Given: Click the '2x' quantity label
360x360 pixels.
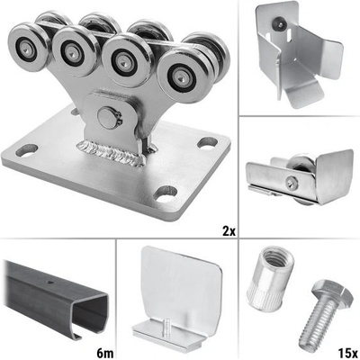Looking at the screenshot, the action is [229, 231].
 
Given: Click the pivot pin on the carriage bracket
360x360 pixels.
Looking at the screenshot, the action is [109, 118].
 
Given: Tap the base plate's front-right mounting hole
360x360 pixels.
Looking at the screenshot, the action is [166, 193].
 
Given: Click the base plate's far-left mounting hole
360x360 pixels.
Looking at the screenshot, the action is [27, 150].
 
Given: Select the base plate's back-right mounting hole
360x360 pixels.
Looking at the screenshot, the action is [208, 142].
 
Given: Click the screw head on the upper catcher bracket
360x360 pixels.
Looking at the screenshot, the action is [279, 23].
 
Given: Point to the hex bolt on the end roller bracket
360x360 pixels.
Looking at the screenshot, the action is [292, 183].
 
